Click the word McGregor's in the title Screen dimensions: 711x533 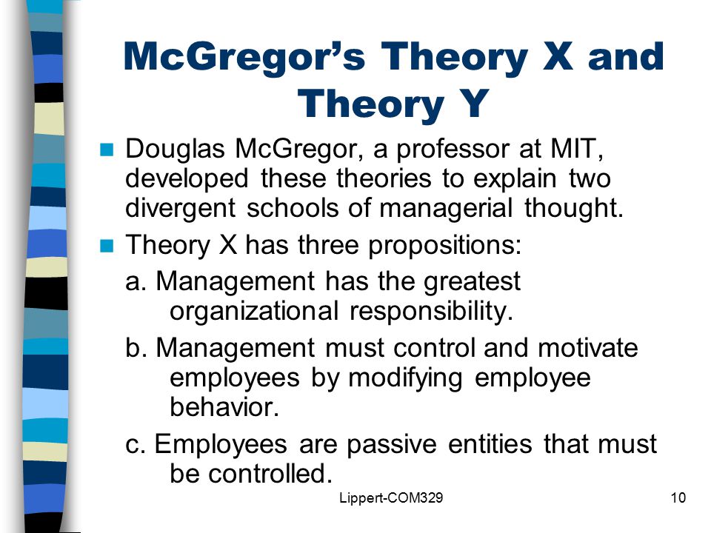(x=244, y=58)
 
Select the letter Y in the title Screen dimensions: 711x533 (x=474, y=104)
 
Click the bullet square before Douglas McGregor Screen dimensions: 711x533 (x=107, y=150)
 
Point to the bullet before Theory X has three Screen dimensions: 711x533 (x=107, y=246)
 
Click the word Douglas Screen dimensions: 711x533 (x=175, y=150)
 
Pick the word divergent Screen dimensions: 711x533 (x=180, y=209)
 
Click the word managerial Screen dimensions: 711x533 (x=446, y=209)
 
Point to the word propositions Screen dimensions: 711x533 (x=445, y=247)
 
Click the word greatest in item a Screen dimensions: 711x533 (x=472, y=282)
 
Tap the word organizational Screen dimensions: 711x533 (x=254, y=312)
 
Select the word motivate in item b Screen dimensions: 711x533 (x=587, y=348)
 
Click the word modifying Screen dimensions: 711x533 (x=405, y=379)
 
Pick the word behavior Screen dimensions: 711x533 (x=224, y=407)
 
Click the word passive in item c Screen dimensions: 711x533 (x=392, y=445)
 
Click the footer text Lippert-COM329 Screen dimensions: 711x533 (x=391, y=498)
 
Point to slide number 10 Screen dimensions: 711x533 (x=678, y=498)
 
